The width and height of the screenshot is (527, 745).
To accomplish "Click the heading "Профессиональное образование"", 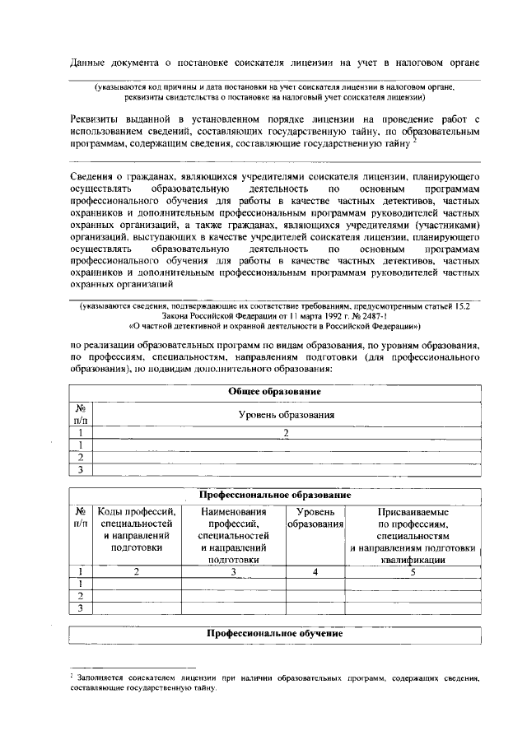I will tap(274, 496).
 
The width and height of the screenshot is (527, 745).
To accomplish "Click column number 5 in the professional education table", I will tap(413, 571).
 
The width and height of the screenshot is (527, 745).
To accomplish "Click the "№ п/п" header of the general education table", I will tap(81, 415).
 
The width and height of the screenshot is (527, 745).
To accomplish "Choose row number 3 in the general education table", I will tap(81, 470).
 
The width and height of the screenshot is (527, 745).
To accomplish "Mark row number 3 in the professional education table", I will tap(81, 608).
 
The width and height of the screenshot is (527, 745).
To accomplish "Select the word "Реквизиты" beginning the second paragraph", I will tap(98, 120).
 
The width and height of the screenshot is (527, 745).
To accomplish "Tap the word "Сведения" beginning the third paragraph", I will tap(95, 178).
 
